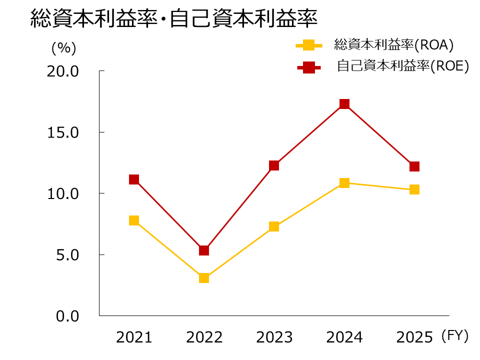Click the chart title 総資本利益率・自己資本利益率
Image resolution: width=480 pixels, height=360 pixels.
(x=174, y=19)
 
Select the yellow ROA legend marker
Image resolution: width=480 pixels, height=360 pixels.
(x=309, y=45)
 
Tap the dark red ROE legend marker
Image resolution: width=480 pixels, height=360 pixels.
(x=309, y=67)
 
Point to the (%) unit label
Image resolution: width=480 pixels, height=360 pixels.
(x=64, y=48)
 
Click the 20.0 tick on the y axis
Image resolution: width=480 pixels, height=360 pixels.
(x=63, y=71)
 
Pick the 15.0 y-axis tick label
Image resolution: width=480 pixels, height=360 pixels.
(x=63, y=132)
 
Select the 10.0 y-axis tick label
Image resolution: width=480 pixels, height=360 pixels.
(x=63, y=193)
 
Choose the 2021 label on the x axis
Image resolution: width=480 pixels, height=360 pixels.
(x=134, y=338)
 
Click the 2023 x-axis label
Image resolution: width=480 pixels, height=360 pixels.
(x=274, y=338)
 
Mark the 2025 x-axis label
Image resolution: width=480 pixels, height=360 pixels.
(x=414, y=338)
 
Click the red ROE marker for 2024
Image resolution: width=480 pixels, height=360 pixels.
(x=344, y=104)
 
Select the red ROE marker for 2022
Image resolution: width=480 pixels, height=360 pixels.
(x=204, y=250)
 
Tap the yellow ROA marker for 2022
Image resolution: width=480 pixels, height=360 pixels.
(x=204, y=278)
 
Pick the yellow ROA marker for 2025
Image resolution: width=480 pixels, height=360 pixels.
(x=414, y=189)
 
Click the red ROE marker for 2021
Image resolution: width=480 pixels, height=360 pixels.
(x=134, y=179)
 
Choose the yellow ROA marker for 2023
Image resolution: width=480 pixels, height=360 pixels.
(x=274, y=226)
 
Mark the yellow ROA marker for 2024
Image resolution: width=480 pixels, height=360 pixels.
(x=344, y=183)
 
